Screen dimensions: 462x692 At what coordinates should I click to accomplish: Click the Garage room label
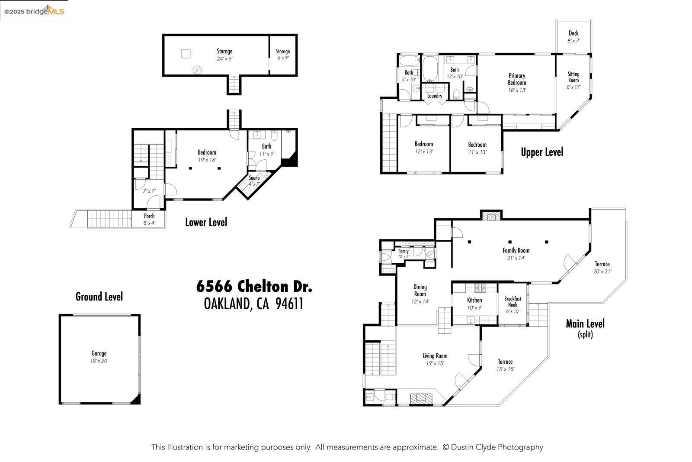pyautogui.click(x=99, y=353)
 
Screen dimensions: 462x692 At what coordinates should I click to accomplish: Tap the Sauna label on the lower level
pyautogui.click(x=254, y=178)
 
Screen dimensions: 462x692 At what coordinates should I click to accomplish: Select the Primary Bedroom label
pyautogui.click(x=517, y=79)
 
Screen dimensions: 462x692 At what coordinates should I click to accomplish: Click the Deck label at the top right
pyautogui.click(x=573, y=33)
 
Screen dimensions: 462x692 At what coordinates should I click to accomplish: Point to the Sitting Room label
pyautogui.click(x=573, y=77)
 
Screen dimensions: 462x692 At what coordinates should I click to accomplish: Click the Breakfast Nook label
pyautogui.click(x=513, y=302)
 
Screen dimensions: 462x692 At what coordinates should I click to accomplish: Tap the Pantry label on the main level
pyautogui.click(x=403, y=251)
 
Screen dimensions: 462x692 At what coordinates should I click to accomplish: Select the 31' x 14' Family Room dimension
pyautogui.click(x=516, y=258)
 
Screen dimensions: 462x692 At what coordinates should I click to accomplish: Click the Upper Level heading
pyautogui.click(x=541, y=152)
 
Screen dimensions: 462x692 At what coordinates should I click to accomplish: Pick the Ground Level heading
pyautogui.click(x=99, y=297)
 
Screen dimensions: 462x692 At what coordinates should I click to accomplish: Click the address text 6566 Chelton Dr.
pyautogui.click(x=254, y=286)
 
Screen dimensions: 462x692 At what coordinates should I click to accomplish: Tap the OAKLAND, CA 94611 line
pyautogui.click(x=253, y=304)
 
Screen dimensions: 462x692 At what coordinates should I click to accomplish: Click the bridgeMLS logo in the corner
pyautogui.click(x=34, y=11)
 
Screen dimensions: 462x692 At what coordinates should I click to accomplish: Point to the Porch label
pyautogui.click(x=149, y=216)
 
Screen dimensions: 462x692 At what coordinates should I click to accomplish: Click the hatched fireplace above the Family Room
pyautogui.click(x=491, y=216)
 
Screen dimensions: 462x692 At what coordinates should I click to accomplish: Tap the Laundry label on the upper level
pyautogui.click(x=434, y=96)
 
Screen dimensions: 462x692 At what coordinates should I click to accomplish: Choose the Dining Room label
pyautogui.click(x=420, y=290)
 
